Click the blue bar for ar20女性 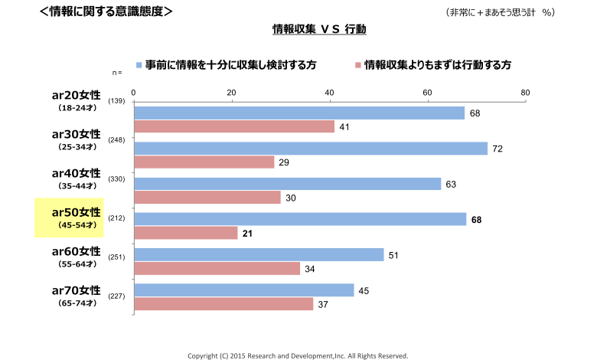pos(299,113)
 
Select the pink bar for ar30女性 pos(204,162)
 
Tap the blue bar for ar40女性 pos(288,184)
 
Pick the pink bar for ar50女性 pos(186,233)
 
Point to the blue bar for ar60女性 pos(259,255)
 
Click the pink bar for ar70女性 pos(224,304)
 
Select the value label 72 pos(497,149)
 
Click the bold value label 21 pos(248,233)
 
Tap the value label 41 pos(344,126)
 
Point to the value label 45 pos(364,290)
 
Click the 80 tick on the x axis pos(525,93)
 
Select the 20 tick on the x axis pos(232,93)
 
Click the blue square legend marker pos(139,66)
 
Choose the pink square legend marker pos(357,66)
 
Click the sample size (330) pos(117,180)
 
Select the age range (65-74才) pos(77,304)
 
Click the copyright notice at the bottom pos(298,355)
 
